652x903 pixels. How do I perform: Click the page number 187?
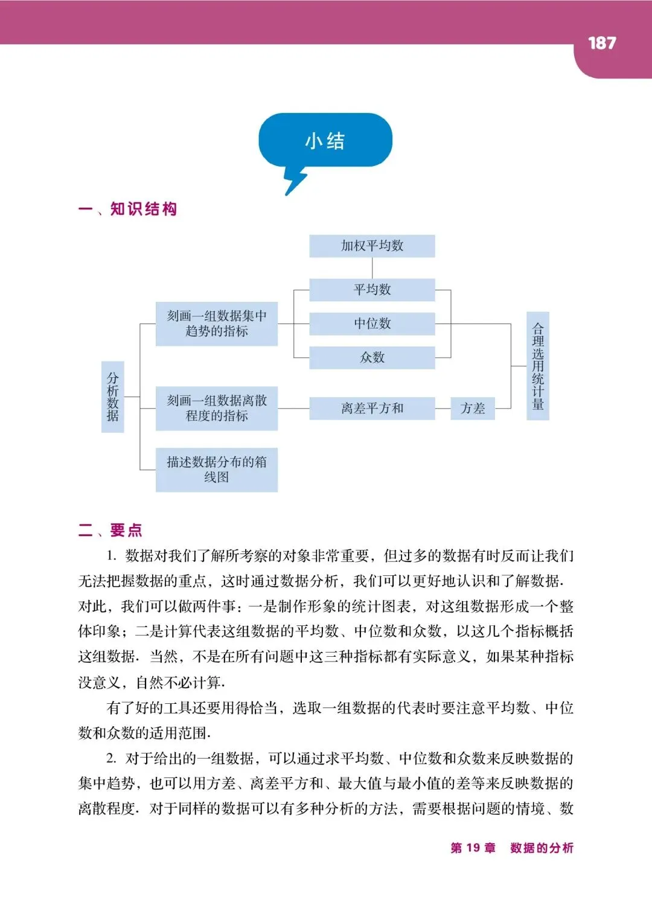pyautogui.click(x=601, y=43)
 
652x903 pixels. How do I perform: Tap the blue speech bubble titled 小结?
pyautogui.click(x=325, y=141)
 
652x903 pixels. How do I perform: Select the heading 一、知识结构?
pyautogui.click(x=127, y=209)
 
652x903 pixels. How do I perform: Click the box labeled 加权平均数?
pyautogui.click(x=372, y=246)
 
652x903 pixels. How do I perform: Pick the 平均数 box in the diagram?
pyautogui.click(x=372, y=290)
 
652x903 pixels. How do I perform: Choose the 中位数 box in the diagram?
pyautogui.click(x=372, y=324)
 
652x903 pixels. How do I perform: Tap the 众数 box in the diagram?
pyautogui.click(x=372, y=357)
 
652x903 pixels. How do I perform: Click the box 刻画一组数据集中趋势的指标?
pyautogui.click(x=217, y=324)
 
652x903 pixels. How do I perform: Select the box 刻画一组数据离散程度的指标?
pyautogui.click(x=217, y=408)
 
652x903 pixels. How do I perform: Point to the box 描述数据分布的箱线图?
pyautogui.click(x=217, y=470)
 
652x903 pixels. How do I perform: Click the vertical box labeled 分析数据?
pyautogui.click(x=113, y=397)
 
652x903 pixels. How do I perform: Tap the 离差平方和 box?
pyautogui.click(x=372, y=409)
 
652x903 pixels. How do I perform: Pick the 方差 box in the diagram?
pyautogui.click(x=473, y=409)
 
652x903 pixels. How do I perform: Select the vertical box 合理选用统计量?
pyautogui.click(x=538, y=366)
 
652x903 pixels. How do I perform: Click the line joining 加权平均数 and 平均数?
pyautogui.click(x=372, y=268)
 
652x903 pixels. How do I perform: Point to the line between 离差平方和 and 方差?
pyautogui.click(x=443, y=409)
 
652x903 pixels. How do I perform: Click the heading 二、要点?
pyautogui.click(x=110, y=531)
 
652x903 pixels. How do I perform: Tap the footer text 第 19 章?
pyautogui.click(x=473, y=848)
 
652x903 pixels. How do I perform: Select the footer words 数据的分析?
pyautogui.click(x=542, y=848)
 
